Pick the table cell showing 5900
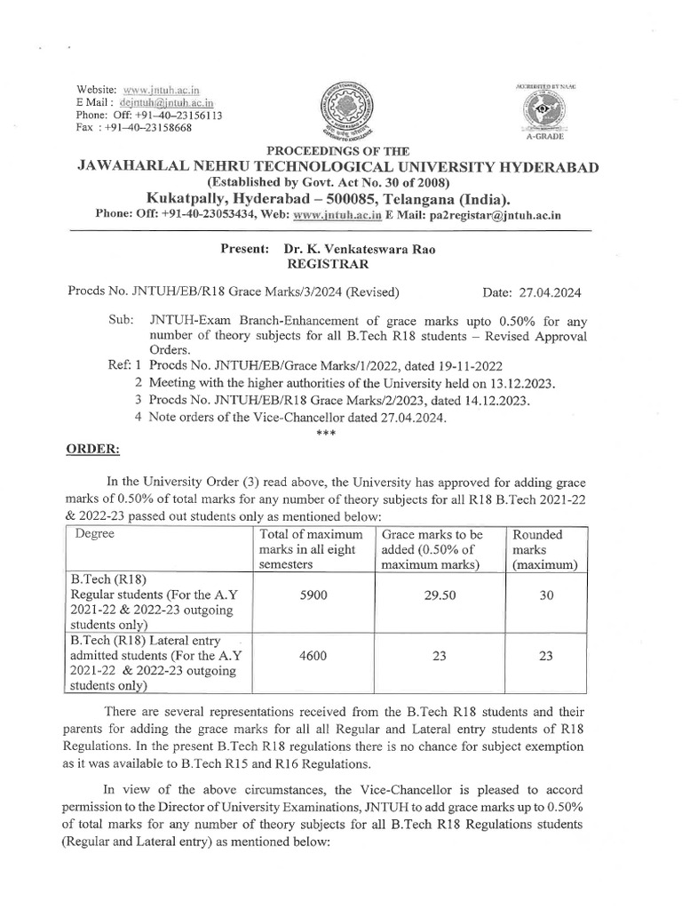point(311,599)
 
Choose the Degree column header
point(94,534)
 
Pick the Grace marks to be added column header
point(433,548)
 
